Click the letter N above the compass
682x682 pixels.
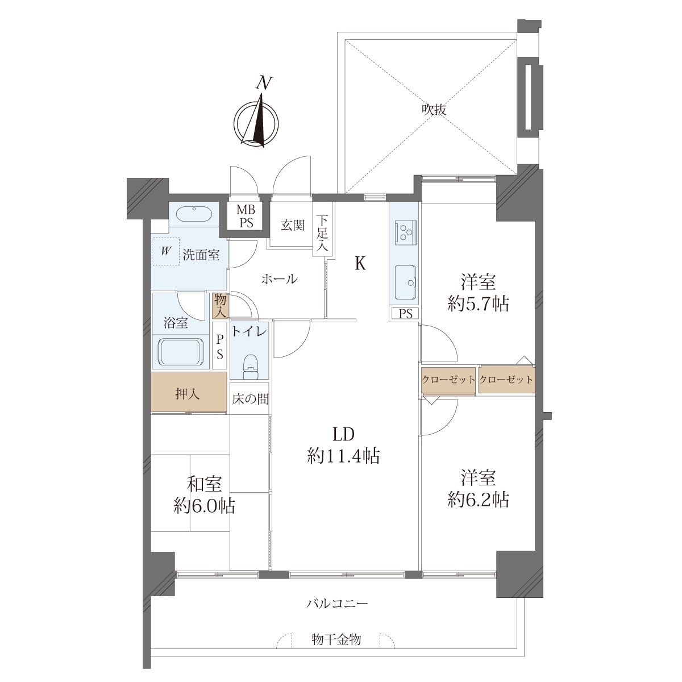[264, 83]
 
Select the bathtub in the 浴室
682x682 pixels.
[180, 352]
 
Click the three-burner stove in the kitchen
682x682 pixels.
[406, 233]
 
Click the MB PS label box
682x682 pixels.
[246, 216]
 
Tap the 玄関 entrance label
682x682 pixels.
[293, 226]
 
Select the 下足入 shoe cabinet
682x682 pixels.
[322, 230]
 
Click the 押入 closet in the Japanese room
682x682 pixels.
[189, 392]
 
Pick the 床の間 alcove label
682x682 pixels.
[250, 399]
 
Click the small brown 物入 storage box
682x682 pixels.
[220, 305]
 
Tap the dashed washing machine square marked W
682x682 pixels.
[165, 251]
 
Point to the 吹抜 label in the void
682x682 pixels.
[434, 110]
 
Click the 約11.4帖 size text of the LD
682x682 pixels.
[344, 456]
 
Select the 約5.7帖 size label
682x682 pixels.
[478, 304]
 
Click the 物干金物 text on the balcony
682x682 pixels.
[336, 639]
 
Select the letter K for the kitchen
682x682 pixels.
[360, 264]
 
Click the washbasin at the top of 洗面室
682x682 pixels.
[194, 214]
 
